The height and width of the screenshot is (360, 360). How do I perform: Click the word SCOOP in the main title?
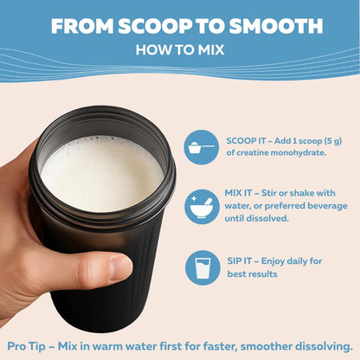coord(155,26)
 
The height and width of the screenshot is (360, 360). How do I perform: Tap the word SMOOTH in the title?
coord(276,26)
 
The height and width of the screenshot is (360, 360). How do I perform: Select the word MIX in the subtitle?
coord(211,50)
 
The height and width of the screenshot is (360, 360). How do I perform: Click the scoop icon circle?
coord(202,147)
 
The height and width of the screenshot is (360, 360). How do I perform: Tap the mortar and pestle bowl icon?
coord(202,207)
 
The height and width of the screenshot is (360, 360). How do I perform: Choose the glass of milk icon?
coord(202,268)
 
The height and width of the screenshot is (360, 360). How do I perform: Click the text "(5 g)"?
coord(333,141)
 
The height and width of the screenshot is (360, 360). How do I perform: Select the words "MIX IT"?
coord(238,193)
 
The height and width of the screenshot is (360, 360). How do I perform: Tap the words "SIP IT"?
coord(239,261)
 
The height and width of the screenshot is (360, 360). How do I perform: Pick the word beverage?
coord(327,206)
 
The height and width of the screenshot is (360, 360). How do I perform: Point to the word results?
coord(263,273)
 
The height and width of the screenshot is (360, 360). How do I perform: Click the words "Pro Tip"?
coord(26,346)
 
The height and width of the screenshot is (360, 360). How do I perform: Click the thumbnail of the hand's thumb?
coord(120,268)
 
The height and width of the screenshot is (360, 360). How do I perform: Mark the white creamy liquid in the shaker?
coord(102,173)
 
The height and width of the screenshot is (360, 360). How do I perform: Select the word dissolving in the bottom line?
coord(324,346)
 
